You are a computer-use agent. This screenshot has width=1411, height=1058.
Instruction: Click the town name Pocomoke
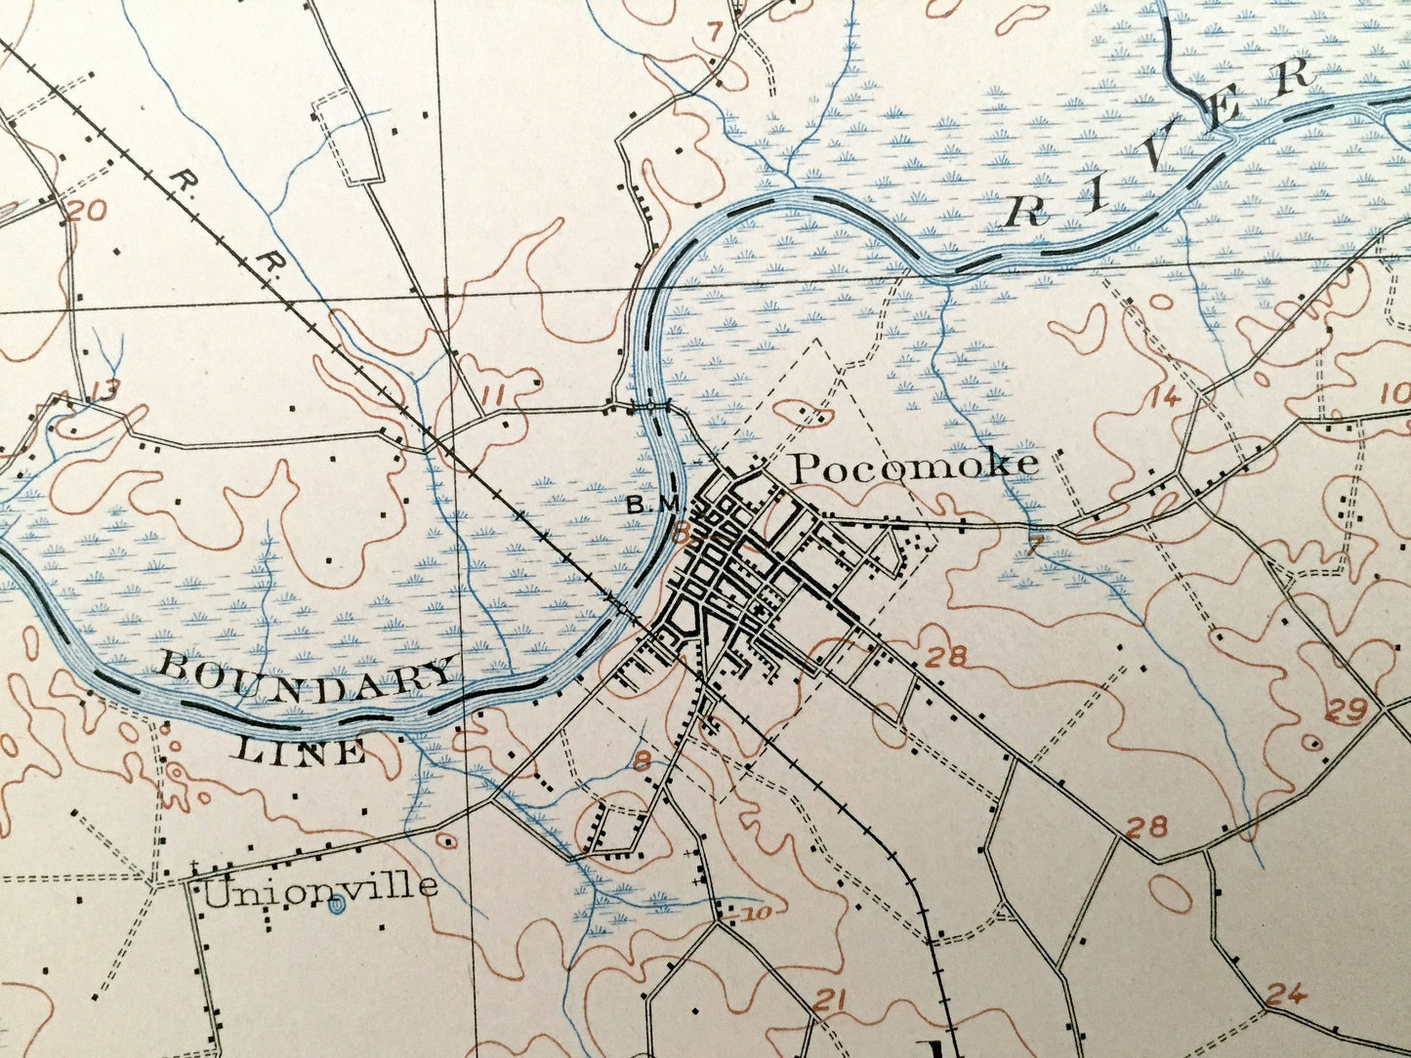click(x=913, y=467)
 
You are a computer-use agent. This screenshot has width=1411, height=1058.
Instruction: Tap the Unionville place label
click(x=320, y=887)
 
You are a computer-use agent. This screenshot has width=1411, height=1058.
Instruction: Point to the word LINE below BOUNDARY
click(x=302, y=752)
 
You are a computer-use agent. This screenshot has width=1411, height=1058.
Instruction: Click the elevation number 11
click(x=497, y=395)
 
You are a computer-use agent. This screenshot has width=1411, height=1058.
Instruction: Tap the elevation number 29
click(x=1346, y=711)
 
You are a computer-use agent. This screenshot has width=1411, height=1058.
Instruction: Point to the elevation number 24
click(x=1285, y=996)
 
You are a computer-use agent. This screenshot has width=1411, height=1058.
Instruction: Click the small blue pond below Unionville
click(x=337, y=908)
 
